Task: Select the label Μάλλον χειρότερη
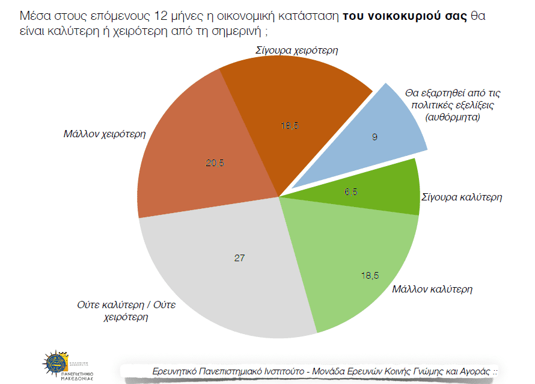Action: [105, 134]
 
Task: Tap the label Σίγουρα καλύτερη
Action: [462, 197]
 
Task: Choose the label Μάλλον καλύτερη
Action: [432, 289]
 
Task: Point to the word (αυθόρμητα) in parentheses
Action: [452, 117]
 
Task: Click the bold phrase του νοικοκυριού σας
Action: [405, 16]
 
